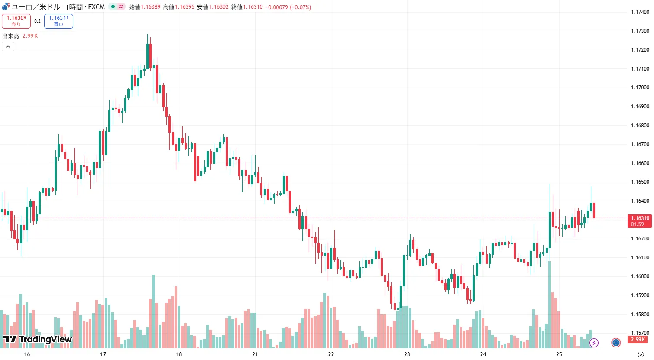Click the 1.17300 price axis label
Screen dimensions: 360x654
click(x=640, y=31)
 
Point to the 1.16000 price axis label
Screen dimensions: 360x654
click(x=640, y=276)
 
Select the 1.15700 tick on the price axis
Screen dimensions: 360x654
click(x=640, y=333)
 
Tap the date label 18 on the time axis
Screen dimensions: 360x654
click(x=179, y=354)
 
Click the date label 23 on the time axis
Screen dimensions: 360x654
click(x=407, y=354)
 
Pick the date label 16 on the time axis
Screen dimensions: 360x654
click(x=27, y=354)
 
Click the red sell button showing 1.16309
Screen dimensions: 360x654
click(x=16, y=21)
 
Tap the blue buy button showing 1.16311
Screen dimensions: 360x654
click(x=58, y=21)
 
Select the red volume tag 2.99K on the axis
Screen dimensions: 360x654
click(x=638, y=340)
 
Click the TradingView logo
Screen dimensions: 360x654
click(x=37, y=339)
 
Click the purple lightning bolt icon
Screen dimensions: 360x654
click(x=594, y=343)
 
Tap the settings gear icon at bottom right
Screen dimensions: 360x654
click(x=641, y=354)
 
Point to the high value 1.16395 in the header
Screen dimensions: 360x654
click(x=185, y=7)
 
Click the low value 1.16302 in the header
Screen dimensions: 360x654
click(x=218, y=7)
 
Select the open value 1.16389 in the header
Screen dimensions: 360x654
click(x=150, y=7)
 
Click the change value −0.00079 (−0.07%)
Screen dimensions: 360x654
click(x=288, y=7)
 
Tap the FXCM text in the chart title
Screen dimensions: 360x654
click(x=97, y=7)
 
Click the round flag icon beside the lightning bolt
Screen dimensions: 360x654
click(x=616, y=343)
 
